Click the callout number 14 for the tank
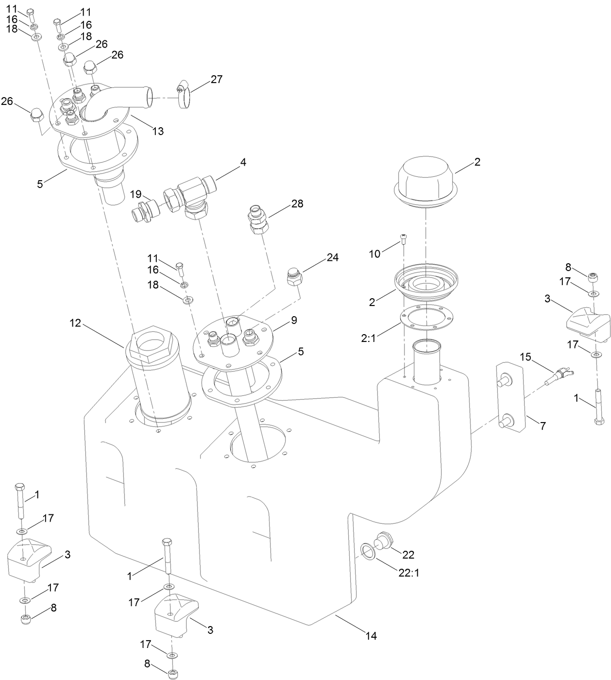coord(371,636)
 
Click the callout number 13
coord(158,131)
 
